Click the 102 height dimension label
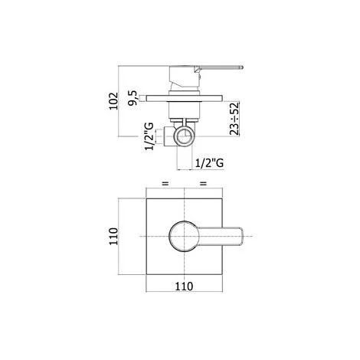coord(114,101)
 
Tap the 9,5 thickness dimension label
coord(133,98)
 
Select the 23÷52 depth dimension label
coord(234,119)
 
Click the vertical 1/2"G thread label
coord(149,136)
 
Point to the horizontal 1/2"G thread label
coord(209,163)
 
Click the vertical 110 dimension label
coord(114,237)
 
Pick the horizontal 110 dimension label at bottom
coord(184,286)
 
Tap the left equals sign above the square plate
coord(165,183)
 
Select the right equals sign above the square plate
coord(203,183)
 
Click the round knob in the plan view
coord(184,236)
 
